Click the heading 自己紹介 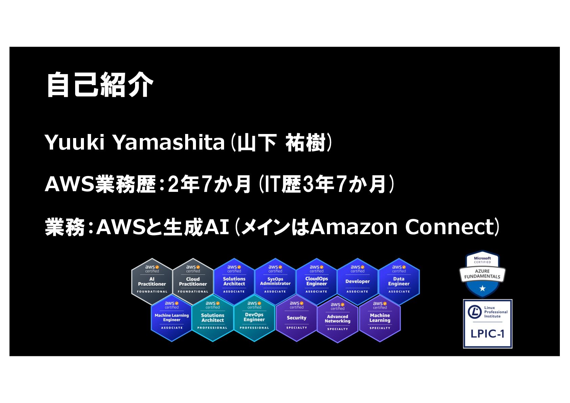pyautogui.click(x=100, y=85)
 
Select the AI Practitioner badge pyautogui.click(x=152, y=282)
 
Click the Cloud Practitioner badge pyautogui.click(x=193, y=282)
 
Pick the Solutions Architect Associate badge pyautogui.click(x=234, y=282)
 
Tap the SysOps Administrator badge pyautogui.click(x=275, y=282)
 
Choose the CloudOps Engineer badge pyautogui.click(x=316, y=282)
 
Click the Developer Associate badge pyautogui.click(x=357, y=282)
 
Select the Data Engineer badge pyautogui.click(x=399, y=282)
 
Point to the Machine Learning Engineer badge pyautogui.click(x=172, y=318)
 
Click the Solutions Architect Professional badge pyautogui.click(x=213, y=318)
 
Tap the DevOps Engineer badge pyautogui.click(x=254, y=318)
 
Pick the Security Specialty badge pyautogui.click(x=297, y=318)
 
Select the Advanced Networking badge pyautogui.click(x=337, y=318)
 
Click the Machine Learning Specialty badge pyautogui.click(x=380, y=318)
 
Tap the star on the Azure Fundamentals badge pyautogui.click(x=482, y=289)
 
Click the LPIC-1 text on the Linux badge pyautogui.click(x=487, y=334)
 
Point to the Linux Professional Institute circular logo pyautogui.click(x=475, y=312)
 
